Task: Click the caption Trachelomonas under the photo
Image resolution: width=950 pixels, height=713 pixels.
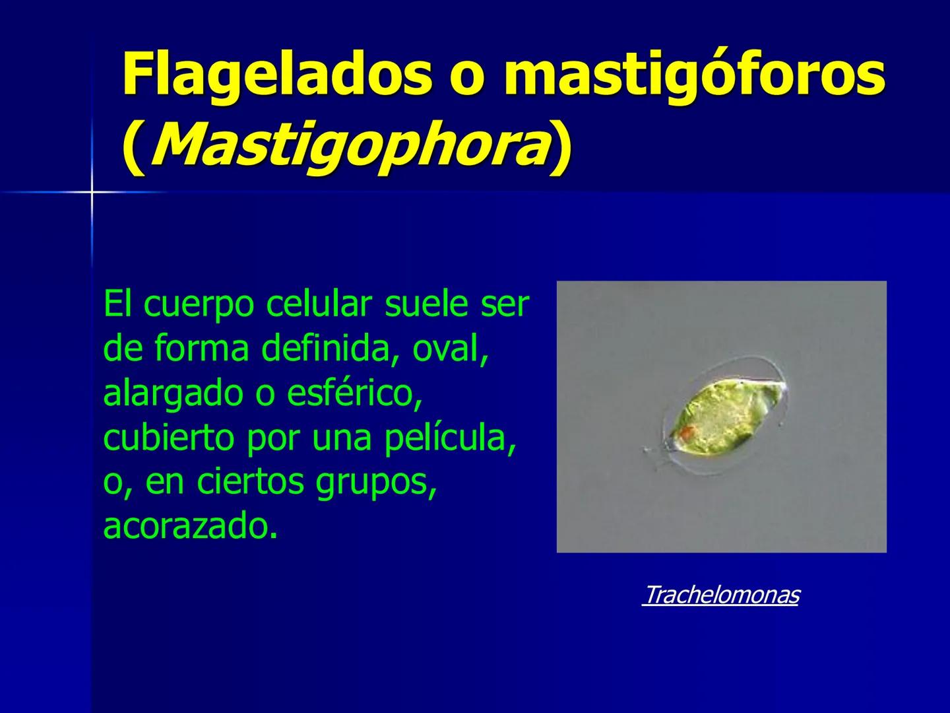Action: click(720, 595)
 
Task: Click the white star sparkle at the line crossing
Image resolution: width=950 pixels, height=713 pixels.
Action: click(92, 192)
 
